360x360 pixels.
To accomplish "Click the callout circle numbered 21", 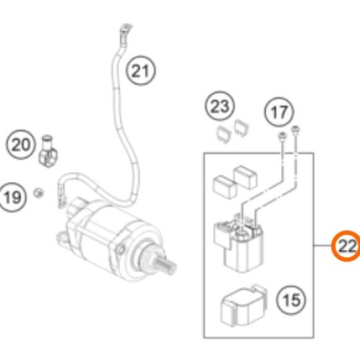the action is click(141, 71).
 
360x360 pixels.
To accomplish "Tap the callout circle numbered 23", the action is click(220, 106).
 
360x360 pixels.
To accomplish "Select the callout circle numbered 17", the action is click(279, 112).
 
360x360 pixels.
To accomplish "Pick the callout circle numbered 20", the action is click(21, 145).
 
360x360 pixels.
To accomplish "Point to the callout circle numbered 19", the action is click(12, 197).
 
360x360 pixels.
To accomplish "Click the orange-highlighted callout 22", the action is click(346, 246).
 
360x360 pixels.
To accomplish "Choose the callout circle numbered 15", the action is click(292, 300).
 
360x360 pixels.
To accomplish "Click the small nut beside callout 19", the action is click(38, 192).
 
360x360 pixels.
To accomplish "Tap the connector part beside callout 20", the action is click(48, 151).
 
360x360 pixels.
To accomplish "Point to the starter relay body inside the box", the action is click(239, 243).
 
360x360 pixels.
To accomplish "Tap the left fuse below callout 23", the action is click(224, 135).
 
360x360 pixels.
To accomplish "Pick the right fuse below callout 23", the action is click(241, 128).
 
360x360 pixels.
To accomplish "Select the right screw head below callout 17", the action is click(295, 129).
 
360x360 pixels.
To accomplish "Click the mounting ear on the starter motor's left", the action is click(63, 238).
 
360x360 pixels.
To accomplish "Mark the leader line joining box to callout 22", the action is click(323, 246).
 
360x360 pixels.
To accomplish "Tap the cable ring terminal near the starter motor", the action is click(60, 202).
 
